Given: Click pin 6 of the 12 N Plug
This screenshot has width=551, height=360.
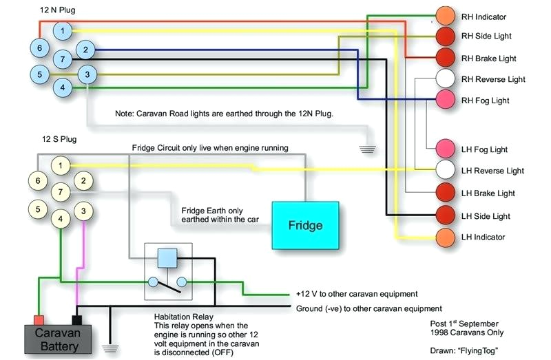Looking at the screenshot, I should click(x=40, y=47).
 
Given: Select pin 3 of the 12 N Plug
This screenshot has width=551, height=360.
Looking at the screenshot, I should click(x=87, y=74).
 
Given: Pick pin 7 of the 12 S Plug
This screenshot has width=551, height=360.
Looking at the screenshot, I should click(x=63, y=192).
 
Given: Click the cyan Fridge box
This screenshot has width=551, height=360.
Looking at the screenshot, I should click(x=305, y=225).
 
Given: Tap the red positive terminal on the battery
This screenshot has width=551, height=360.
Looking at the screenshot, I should click(x=39, y=319).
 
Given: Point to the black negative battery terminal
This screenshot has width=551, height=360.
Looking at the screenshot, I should click(x=76, y=319).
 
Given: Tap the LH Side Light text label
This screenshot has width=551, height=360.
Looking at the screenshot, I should click(x=486, y=216).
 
